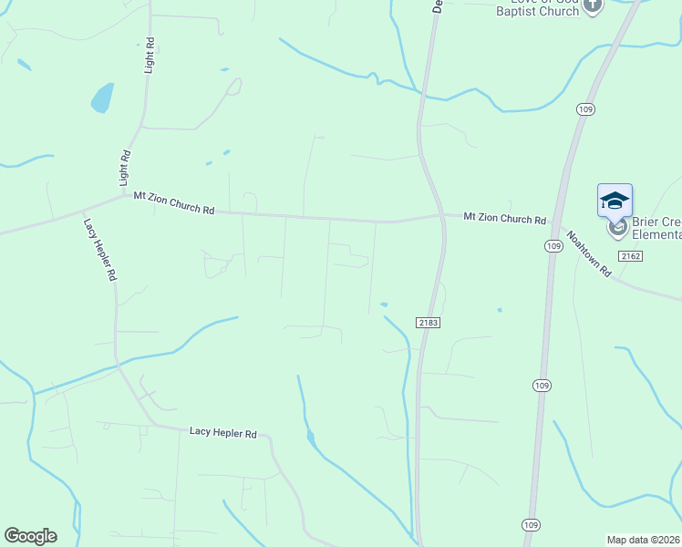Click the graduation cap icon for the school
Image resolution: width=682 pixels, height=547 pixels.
[x=615, y=200]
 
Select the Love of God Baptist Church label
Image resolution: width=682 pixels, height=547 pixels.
[x=538, y=7]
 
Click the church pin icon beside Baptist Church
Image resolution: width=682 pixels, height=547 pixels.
[x=593, y=6]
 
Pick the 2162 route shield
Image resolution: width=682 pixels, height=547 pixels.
[x=630, y=256]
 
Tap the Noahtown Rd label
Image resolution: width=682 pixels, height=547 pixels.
[x=588, y=253]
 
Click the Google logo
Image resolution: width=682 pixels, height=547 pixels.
[x=30, y=536]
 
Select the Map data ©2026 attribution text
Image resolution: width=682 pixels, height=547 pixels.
[x=644, y=540]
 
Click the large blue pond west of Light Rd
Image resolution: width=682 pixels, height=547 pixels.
[x=102, y=97]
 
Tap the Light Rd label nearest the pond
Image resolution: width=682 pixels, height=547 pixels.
[x=150, y=56]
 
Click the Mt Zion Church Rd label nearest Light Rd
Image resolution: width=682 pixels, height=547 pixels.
[x=173, y=202]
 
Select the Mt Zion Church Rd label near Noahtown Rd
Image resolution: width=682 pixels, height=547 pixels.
[x=504, y=219]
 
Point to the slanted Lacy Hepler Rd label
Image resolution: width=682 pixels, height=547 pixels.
[x=100, y=248]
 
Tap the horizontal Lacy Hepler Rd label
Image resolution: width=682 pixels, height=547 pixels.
[x=223, y=433]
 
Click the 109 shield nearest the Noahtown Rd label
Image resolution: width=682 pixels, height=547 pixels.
[x=553, y=246]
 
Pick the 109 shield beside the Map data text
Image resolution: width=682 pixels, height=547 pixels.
[x=532, y=524]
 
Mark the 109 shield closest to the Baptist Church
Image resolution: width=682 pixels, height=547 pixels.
[x=585, y=109]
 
